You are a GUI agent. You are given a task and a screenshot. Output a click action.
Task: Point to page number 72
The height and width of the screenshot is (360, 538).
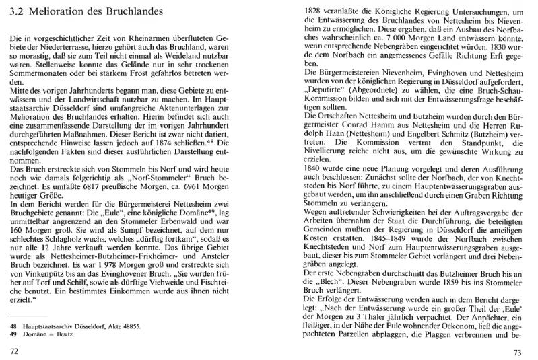pos(13,351)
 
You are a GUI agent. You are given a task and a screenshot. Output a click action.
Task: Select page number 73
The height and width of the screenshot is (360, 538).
pos(517,352)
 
